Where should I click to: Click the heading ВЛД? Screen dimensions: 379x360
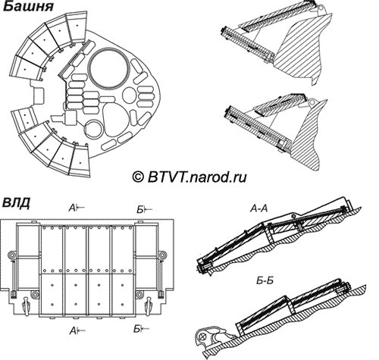16,203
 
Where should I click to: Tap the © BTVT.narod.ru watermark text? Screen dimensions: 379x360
189,177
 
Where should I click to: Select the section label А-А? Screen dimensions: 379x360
258,208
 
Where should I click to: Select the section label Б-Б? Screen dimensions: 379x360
265,280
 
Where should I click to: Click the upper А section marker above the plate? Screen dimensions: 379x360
77,208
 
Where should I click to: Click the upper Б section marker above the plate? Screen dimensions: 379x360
145,209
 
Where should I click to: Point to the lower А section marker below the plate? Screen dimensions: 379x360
77,330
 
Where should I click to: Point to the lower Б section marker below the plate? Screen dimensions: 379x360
141,329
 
